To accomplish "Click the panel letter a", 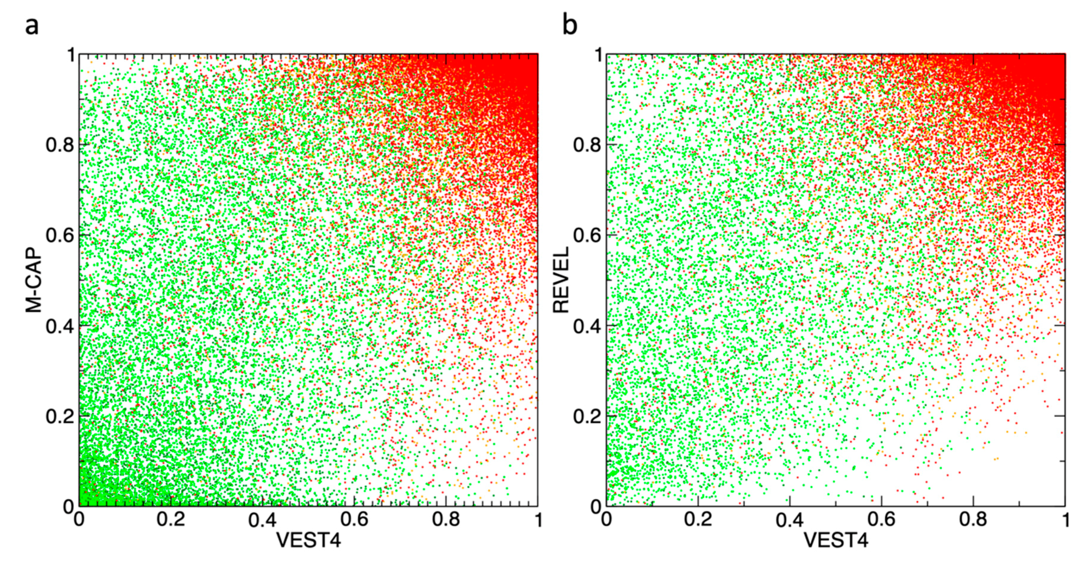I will (x=32, y=26).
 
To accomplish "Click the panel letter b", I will (x=569, y=26).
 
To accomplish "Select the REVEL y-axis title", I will (x=561, y=280).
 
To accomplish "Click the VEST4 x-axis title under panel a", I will (x=308, y=540).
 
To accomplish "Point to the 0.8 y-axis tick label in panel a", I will (x=60, y=145).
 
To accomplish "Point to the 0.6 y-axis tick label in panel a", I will (x=60, y=235).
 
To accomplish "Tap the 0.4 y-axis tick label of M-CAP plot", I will (x=60, y=326).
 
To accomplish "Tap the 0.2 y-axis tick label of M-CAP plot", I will (x=60, y=416).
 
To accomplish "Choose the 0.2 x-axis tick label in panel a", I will (x=171, y=519).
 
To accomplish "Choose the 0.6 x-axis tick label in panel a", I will (x=355, y=519).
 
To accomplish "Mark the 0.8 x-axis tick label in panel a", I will (x=446, y=519).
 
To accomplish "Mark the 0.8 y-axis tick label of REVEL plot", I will (x=587, y=145).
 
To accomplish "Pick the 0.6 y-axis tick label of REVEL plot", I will (x=587, y=235).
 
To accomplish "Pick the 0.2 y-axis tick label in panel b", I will (x=587, y=416).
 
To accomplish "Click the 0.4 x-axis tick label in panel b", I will (x=790, y=519).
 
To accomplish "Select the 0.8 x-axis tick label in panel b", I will (x=973, y=519).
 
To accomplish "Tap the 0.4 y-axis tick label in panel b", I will (x=587, y=326).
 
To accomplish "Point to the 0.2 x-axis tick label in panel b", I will (x=698, y=519).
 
